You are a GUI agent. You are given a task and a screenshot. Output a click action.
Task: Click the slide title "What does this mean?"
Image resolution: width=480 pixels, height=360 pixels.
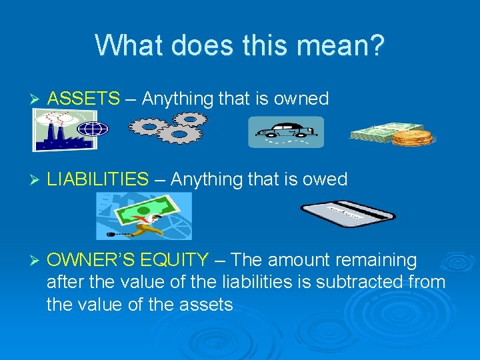pyautogui.click(x=239, y=46)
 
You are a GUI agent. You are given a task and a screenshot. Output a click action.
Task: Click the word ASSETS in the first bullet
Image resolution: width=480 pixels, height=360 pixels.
pyautogui.click(x=84, y=99)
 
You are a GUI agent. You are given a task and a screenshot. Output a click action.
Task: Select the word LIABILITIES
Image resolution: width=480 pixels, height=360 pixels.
pyautogui.click(x=99, y=179)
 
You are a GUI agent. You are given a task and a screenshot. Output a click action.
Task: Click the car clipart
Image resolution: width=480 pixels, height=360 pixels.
pyautogui.click(x=286, y=132)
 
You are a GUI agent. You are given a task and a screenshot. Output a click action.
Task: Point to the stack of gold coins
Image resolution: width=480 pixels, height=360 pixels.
pyautogui.click(x=412, y=137)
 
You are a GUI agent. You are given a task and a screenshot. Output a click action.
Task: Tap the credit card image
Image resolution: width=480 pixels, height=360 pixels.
pyautogui.click(x=347, y=213)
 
